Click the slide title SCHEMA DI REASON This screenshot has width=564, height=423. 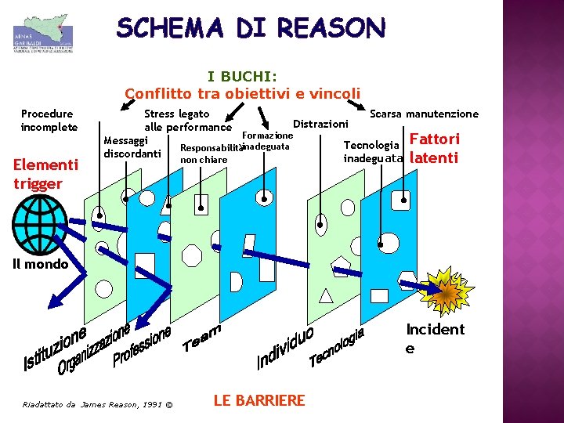coord(251,29)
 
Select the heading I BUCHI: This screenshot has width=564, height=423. coord(242,77)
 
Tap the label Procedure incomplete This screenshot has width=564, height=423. coord(49,121)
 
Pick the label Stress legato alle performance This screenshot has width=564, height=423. coord(187,121)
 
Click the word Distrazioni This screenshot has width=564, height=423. coord(320,124)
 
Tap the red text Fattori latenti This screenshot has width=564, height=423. coord(435,148)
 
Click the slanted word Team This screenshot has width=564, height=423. coord(202,337)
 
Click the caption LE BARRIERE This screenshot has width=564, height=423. coord(258,400)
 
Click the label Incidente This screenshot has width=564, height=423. coord(434,338)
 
